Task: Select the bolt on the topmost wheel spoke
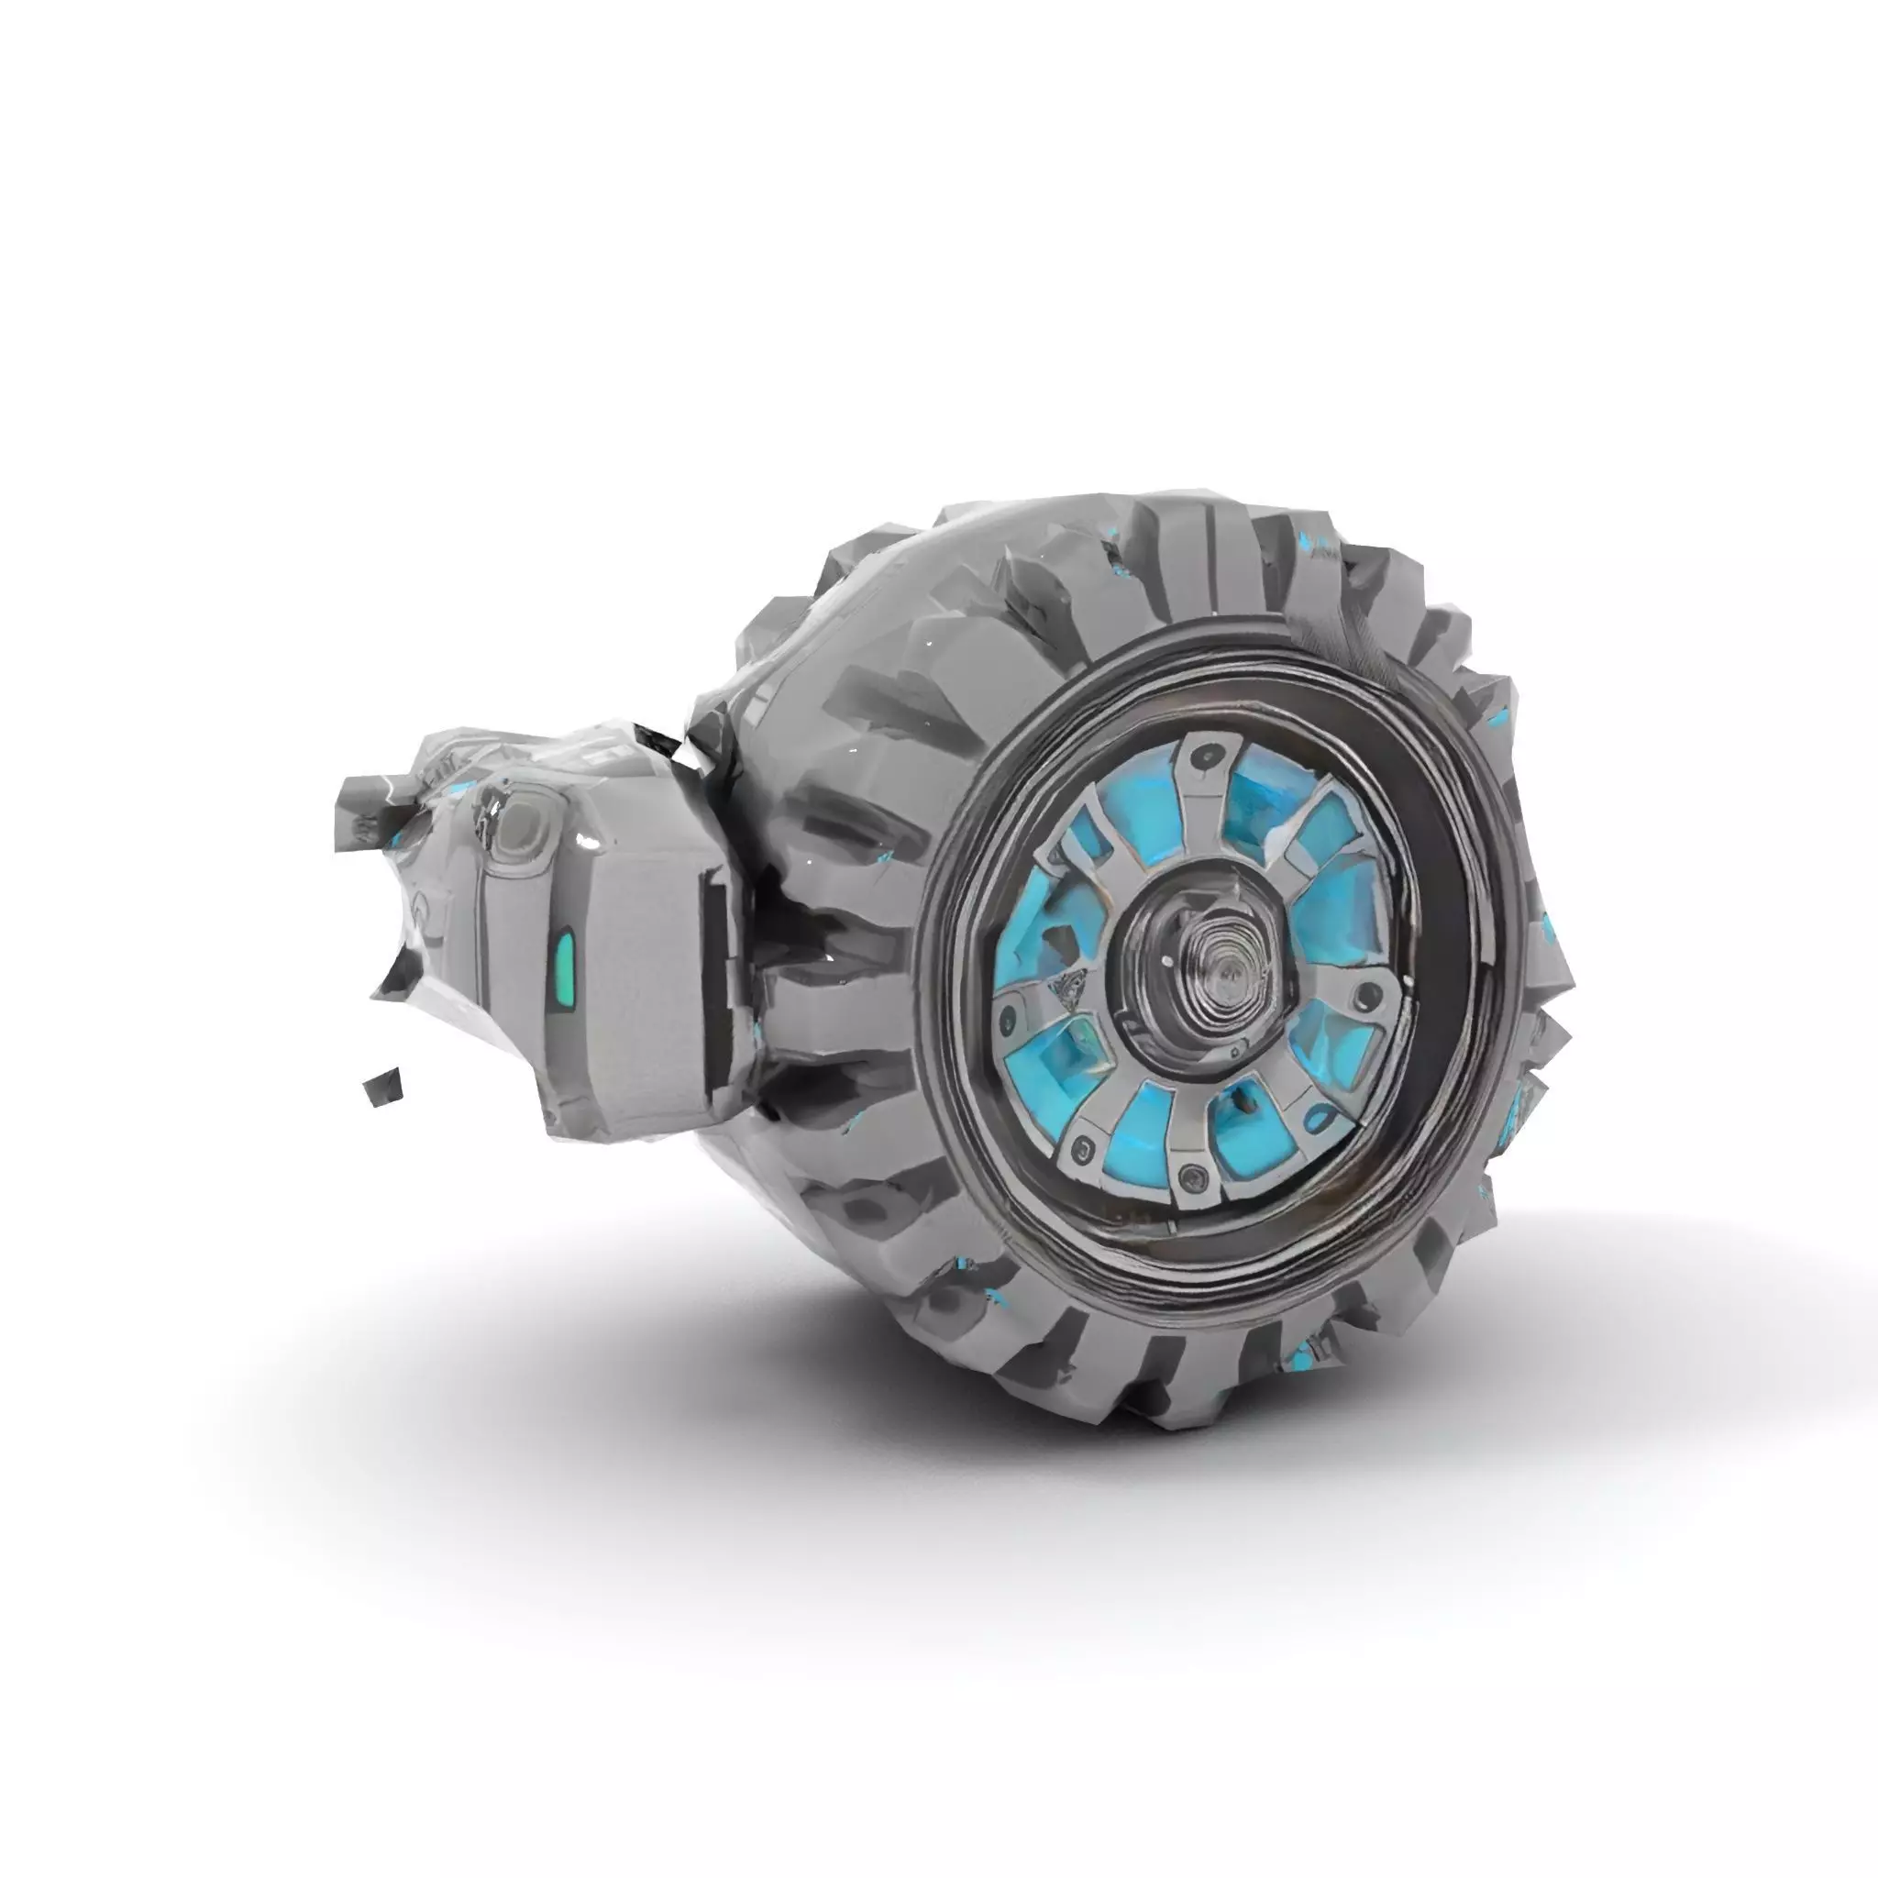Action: [x=1208, y=755]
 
